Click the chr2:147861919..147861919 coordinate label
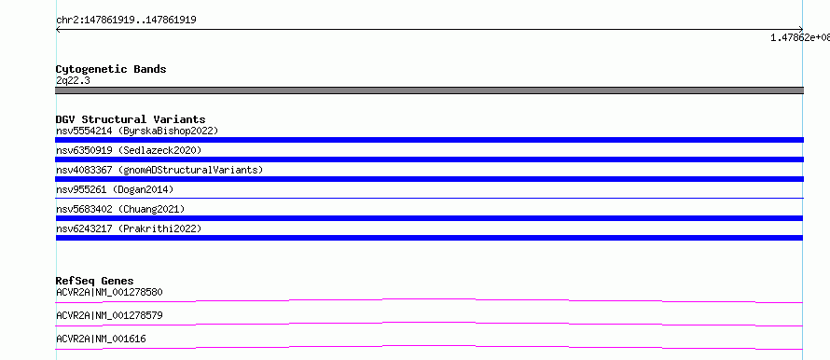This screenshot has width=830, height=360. [x=126, y=21]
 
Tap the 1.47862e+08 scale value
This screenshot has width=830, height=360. [x=800, y=37]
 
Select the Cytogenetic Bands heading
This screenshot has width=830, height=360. [x=111, y=69]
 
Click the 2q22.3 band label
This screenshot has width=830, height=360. [x=73, y=80]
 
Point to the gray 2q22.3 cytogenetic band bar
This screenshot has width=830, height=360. [x=429, y=90]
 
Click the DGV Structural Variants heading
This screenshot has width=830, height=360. [x=131, y=119]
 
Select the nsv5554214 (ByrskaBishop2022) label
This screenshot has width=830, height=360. [x=137, y=131]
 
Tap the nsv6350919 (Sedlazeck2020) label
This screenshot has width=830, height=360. [x=129, y=150]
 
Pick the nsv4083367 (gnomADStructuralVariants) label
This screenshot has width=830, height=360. [x=159, y=170]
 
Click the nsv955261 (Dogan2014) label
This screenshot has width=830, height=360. [x=115, y=189]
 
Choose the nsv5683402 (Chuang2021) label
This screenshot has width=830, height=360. [x=120, y=209]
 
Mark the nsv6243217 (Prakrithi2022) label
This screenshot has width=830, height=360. [x=129, y=228]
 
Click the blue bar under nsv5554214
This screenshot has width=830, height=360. [x=429, y=140]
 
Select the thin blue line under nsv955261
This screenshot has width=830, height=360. [x=429, y=198]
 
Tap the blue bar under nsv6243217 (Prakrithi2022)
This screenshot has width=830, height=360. [x=429, y=238]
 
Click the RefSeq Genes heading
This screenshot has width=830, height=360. [x=95, y=281]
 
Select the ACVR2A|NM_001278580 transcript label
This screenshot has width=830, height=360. [x=109, y=292]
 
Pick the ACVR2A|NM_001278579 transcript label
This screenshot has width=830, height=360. [x=109, y=315]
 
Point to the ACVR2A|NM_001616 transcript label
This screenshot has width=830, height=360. [x=101, y=339]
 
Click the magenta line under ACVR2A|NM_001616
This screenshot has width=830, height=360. [x=429, y=346]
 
